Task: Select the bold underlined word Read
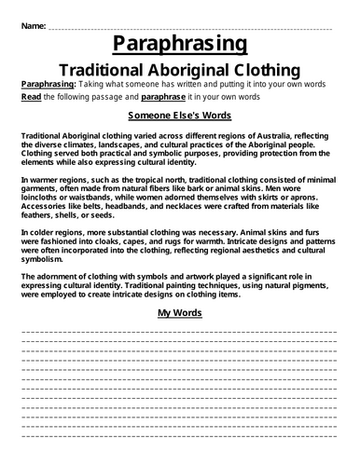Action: pos(29,96)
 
